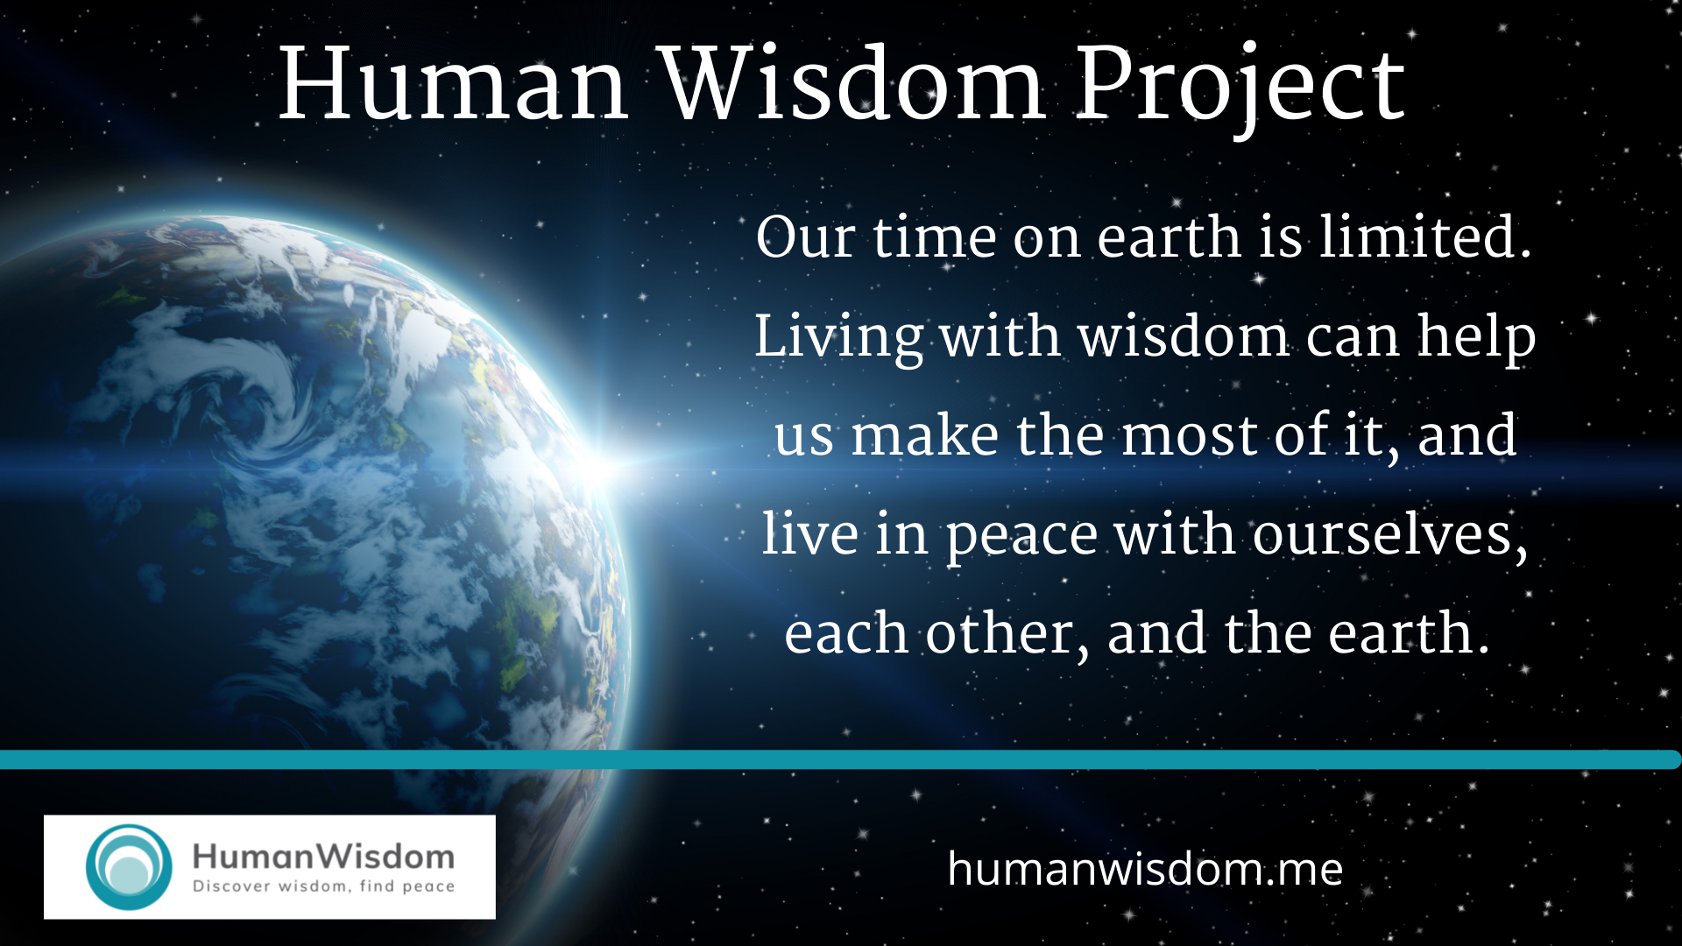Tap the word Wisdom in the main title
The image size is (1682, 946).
pyautogui.click(x=852, y=86)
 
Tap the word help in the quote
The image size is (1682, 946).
pyautogui.click(x=1477, y=337)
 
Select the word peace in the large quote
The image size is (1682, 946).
pyautogui.click(x=1021, y=536)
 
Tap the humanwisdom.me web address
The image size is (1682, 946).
pyautogui.click(x=1145, y=869)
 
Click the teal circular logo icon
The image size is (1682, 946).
pyautogui.click(x=129, y=866)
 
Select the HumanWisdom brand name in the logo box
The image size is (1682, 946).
pyautogui.click(x=323, y=856)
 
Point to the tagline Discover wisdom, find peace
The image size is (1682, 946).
pyautogui.click(x=323, y=886)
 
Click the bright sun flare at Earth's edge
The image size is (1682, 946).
pyautogui.click(x=601, y=466)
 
